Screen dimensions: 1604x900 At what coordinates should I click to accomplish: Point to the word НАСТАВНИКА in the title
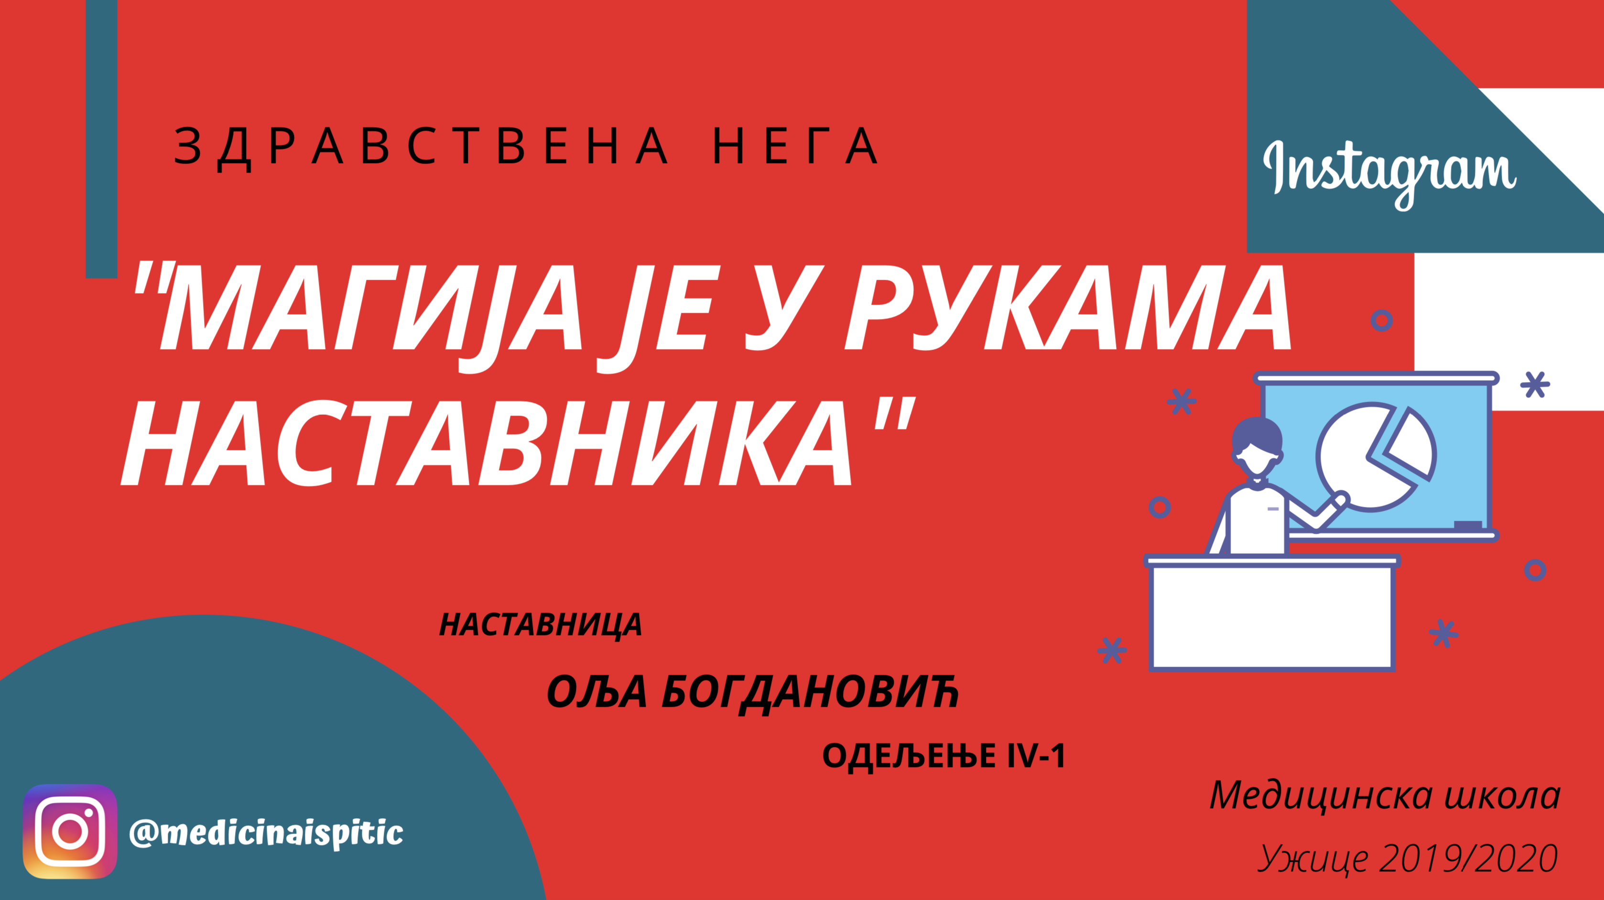486,443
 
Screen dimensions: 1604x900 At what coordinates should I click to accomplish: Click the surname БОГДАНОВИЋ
810,692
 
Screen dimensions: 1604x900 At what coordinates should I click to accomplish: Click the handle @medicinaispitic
267,832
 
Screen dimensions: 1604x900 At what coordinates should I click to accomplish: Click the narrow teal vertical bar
101,139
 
